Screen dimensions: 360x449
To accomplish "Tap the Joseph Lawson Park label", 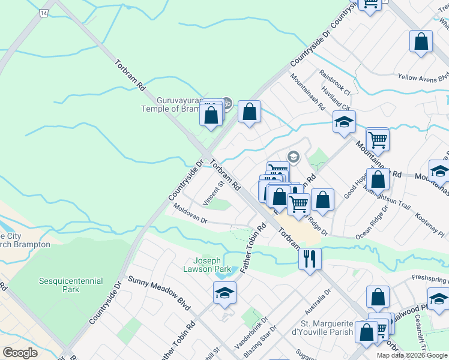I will coord(211,265).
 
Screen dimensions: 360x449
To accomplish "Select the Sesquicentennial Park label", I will coord(71,285).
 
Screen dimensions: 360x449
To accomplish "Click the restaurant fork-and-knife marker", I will coord(310,259).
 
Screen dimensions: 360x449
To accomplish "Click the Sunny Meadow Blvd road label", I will coord(159,295).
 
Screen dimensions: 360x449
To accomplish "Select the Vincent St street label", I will coord(214,194).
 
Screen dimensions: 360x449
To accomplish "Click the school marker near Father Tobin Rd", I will coord(224,293).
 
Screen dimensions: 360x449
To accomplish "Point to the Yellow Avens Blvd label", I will coord(423,77).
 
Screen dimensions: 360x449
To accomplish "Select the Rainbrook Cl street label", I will coord(335,82).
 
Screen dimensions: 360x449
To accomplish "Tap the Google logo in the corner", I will coord(20,353).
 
